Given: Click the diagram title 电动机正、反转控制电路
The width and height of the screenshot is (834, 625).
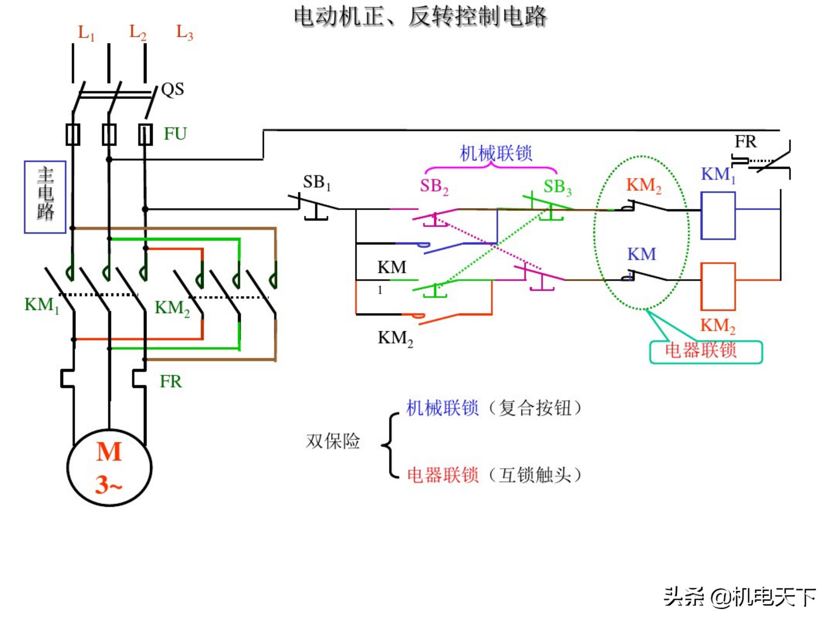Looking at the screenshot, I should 420,17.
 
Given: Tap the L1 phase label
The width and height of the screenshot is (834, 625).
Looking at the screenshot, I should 86,33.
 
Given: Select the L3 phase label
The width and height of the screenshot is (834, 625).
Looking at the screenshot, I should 185,33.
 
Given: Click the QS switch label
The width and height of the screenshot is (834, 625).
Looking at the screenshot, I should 172,90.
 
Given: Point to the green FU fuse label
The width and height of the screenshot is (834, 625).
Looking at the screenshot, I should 175,134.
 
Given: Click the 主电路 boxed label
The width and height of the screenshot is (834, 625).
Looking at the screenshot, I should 45,197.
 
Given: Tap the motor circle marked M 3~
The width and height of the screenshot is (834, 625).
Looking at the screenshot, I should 109,468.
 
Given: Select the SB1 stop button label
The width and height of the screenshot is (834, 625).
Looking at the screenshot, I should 317,183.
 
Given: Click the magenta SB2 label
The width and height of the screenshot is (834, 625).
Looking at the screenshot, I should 434,186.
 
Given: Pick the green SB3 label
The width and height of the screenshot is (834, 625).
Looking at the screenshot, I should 557,187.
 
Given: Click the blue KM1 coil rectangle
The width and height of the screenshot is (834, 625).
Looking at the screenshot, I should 718,216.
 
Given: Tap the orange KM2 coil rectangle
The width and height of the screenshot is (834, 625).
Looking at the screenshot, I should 718,287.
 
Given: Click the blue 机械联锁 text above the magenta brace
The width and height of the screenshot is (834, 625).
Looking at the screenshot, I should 496,153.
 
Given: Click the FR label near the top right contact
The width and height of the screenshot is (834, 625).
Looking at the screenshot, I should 745,142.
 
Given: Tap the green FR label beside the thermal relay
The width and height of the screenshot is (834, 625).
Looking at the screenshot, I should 170,382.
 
